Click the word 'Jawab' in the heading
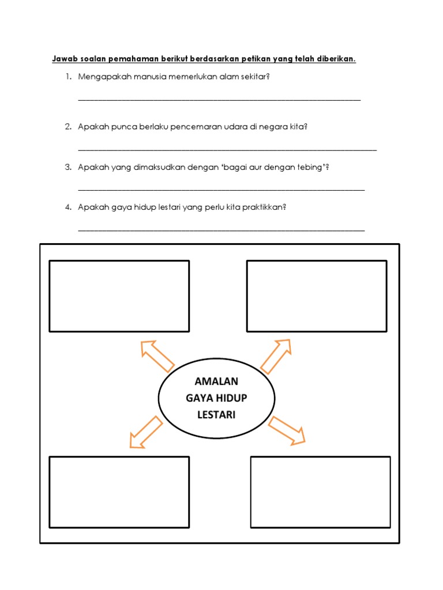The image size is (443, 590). tap(64, 59)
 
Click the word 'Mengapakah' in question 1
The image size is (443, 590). tap(104, 77)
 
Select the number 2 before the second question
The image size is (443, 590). tap(67, 126)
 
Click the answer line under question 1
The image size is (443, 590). tap(219, 100)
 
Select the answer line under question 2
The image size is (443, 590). tap(227, 150)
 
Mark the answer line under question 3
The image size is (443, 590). tap(221, 190)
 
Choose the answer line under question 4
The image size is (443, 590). tap(221, 230)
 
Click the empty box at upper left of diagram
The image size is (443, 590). tap(119, 296)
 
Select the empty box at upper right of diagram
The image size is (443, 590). tap(317, 296)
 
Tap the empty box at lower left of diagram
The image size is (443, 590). tap(119, 492)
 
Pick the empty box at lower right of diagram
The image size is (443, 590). tap(320, 492)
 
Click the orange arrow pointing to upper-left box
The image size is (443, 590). tap(156, 355)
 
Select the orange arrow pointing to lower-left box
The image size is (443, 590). tap(145, 432)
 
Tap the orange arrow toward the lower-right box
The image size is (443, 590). tap(287, 430)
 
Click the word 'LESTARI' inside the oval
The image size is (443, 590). tap(216, 414)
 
